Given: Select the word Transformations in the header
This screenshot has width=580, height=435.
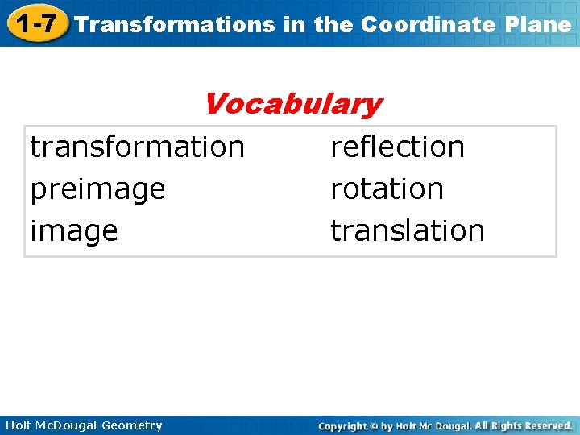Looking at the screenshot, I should click(175, 24).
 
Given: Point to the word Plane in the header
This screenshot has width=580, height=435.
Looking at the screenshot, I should click(541, 24).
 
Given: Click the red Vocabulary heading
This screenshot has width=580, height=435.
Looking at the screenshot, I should click(292, 103).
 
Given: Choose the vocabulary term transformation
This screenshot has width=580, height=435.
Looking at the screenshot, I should click(137, 147).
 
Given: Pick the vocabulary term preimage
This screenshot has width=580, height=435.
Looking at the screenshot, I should click(97, 188).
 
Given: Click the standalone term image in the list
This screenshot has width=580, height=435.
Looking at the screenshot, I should click(74, 231).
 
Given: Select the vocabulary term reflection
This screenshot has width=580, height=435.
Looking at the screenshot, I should click(398, 147).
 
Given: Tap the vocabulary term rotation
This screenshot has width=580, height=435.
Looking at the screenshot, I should click(387, 188).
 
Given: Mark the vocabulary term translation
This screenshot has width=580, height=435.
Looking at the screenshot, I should click(408, 230).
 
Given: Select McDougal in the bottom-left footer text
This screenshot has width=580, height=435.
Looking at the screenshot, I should click(65, 425).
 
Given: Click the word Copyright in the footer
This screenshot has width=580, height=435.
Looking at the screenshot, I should click(342, 425).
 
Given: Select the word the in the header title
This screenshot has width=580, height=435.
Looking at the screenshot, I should click(333, 24).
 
